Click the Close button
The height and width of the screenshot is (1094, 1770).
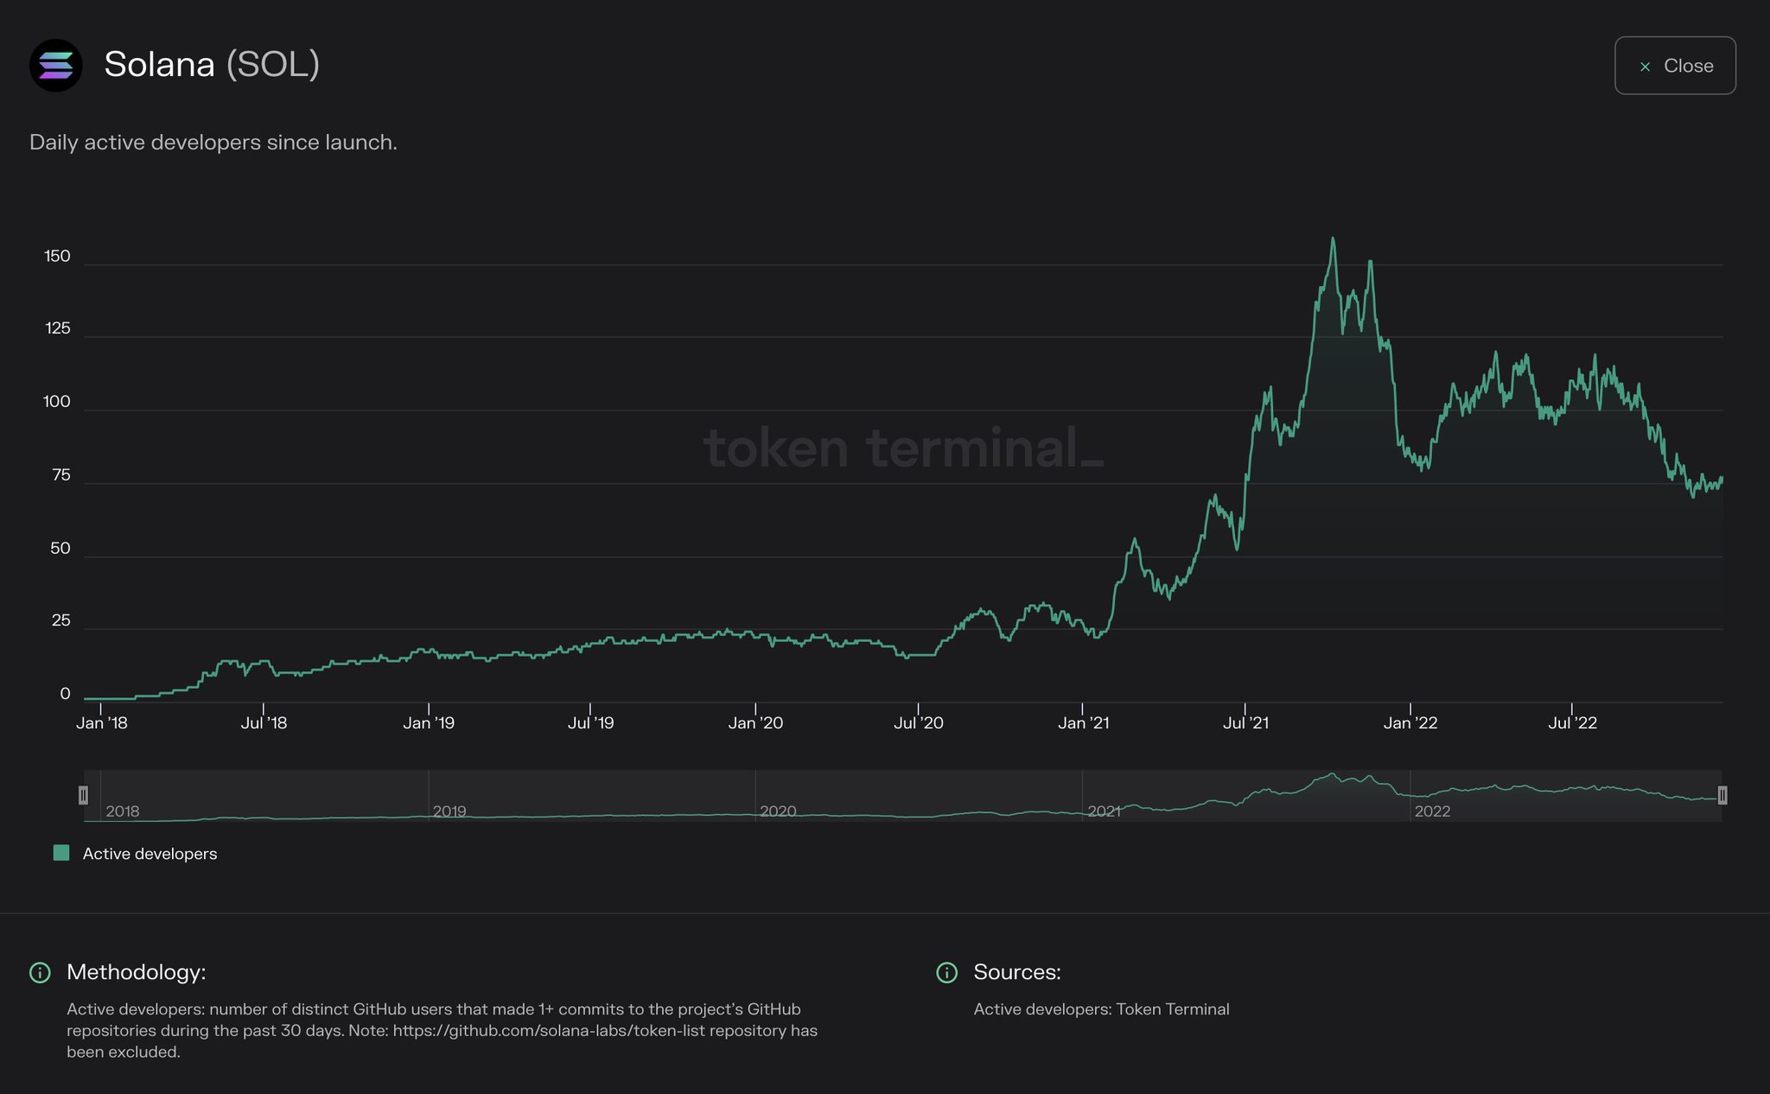[x=1674, y=66]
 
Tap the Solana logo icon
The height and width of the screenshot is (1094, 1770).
[x=56, y=66]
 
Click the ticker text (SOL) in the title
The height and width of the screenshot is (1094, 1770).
[x=273, y=65]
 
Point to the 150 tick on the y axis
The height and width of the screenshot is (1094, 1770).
[x=57, y=257]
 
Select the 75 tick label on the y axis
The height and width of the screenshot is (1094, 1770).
[x=60, y=475]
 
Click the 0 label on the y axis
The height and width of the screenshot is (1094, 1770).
[x=65, y=694]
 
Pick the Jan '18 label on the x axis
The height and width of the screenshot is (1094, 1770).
[x=101, y=723]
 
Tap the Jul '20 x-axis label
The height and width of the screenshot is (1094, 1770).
[x=918, y=723]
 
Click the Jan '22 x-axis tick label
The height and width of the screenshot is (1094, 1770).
[x=1410, y=723]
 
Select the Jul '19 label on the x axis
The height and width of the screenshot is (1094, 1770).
[x=590, y=723]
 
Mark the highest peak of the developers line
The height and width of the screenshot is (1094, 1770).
[x=1333, y=239]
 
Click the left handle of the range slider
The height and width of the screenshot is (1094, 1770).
[x=83, y=795]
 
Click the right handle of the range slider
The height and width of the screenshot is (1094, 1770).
[x=1722, y=795]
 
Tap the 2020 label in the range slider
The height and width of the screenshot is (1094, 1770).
[x=778, y=811]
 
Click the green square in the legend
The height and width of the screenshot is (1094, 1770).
[x=61, y=854]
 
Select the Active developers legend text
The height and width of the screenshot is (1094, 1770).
[x=150, y=854]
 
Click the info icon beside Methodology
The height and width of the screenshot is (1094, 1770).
[x=40, y=973]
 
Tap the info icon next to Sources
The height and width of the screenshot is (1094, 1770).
[x=947, y=973]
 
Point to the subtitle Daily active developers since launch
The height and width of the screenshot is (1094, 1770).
[x=213, y=143]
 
